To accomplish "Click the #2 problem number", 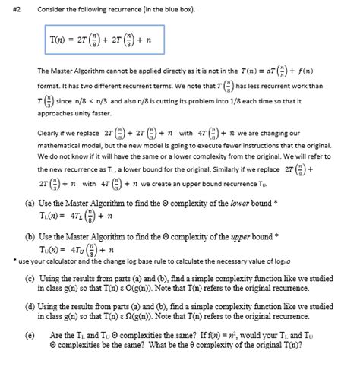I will click(x=11, y=8).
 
